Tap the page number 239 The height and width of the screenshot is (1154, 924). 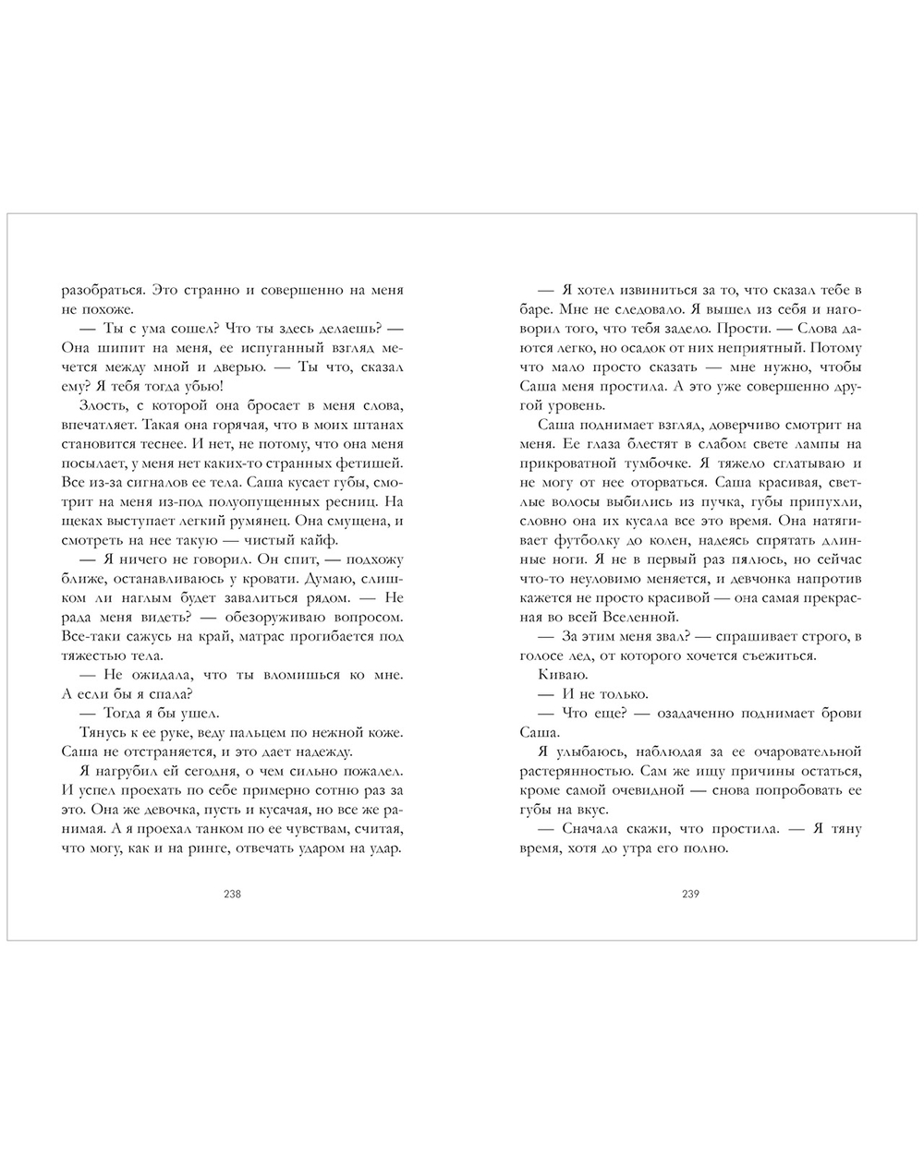(x=691, y=893)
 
